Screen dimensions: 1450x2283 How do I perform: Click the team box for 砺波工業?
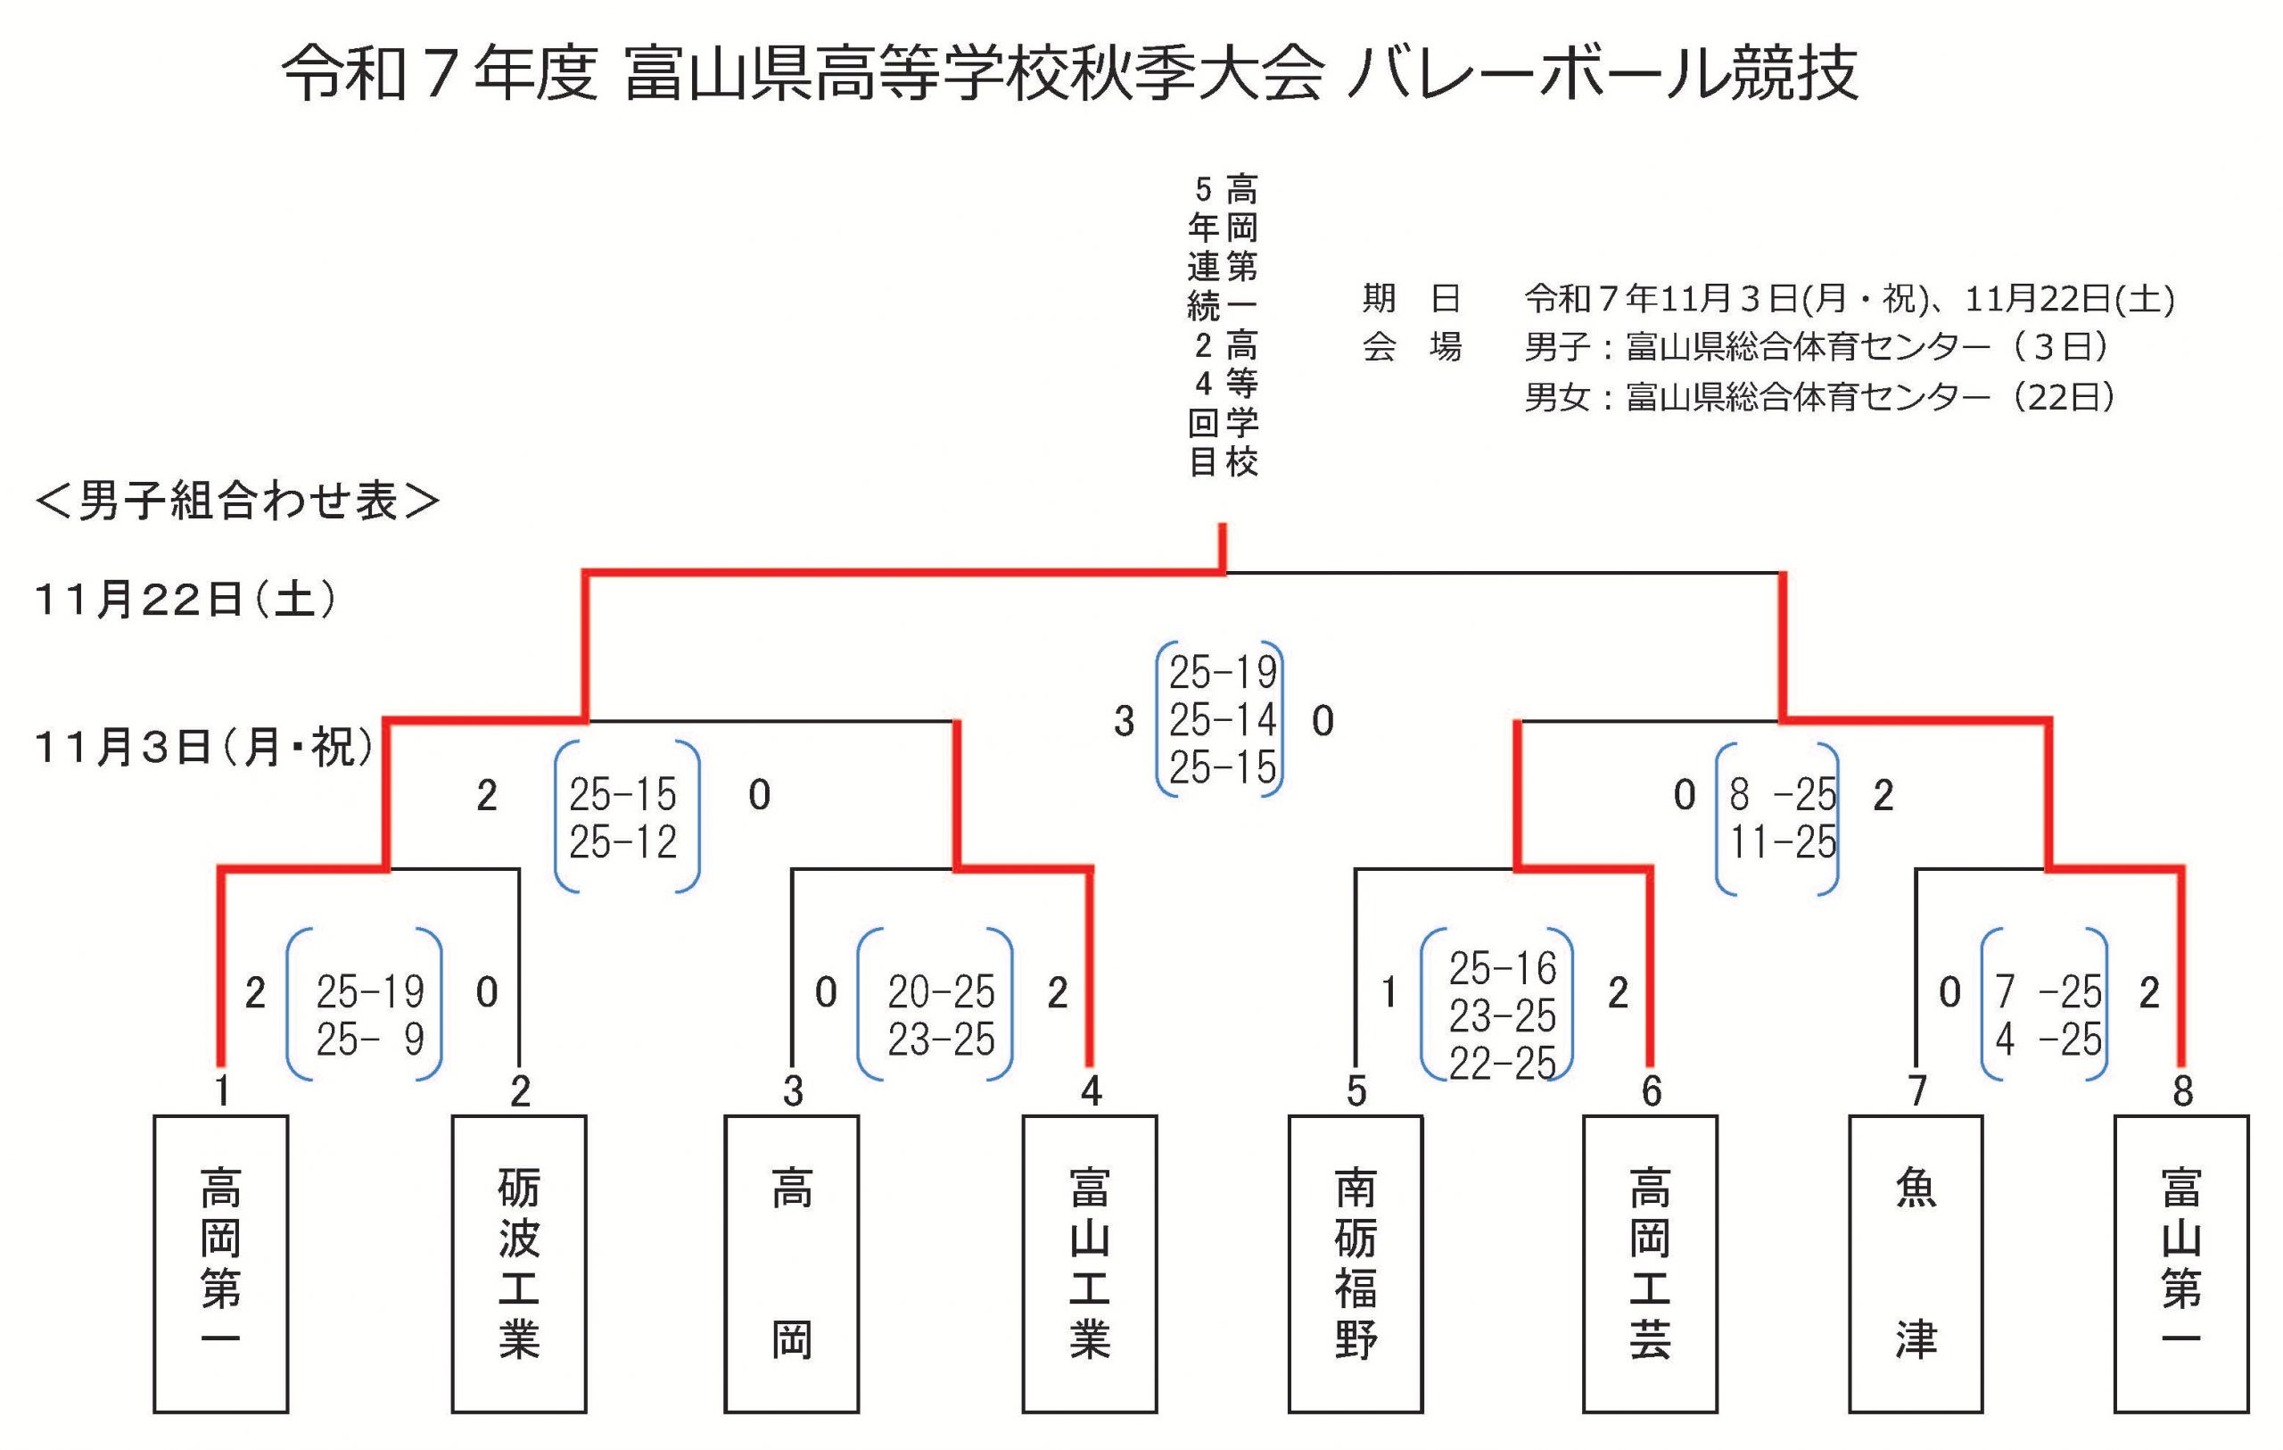click(519, 1264)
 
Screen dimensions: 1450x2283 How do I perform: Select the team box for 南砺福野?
click(1355, 1264)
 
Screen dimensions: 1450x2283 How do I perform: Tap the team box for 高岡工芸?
click(1650, 1264)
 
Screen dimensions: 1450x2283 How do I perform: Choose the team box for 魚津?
click(1916, 1264)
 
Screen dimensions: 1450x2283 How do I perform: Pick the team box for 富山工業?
click(1090, 1264)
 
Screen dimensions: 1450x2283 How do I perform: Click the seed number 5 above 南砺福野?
click(1356, 1091)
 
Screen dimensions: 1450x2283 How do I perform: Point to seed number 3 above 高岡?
click(793, 1091)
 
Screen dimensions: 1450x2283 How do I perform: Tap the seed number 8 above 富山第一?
click(2182, 1091)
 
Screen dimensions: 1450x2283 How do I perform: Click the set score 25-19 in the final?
click(1222, 674)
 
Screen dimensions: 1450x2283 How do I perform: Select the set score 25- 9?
click(370, 1040)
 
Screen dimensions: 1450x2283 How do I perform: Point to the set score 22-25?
click(1502, 1063)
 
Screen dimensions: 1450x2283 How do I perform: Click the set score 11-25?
click(1783, 842)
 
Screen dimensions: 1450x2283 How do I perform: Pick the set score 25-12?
click(622, 842)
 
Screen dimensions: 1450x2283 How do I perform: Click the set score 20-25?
click(941, 993)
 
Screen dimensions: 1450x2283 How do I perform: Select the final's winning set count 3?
click(1124, 723)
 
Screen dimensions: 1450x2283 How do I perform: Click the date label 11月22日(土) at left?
click(185, 601)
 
